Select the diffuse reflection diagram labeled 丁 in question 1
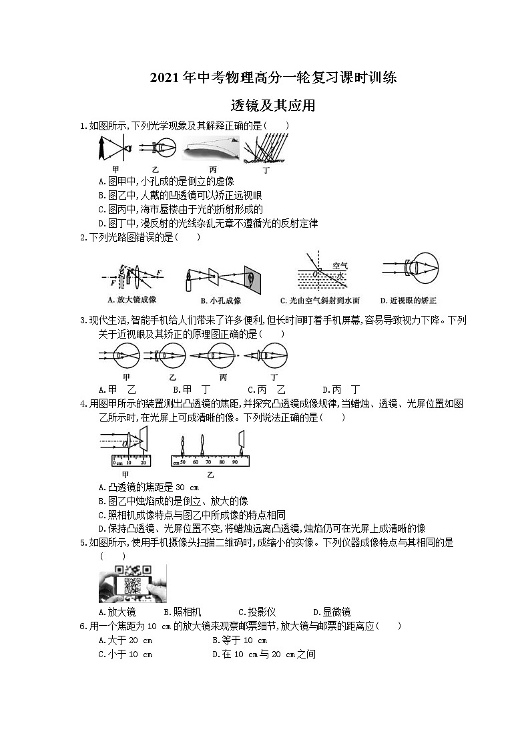pyautogui.click(x=266, y=149)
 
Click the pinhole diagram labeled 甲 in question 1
pyautogui.click(x=115, y=148)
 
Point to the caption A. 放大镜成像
pyautogui.click(x=131, y=300)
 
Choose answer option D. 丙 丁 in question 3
pyautogui.click(x=341, y=389)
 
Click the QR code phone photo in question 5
pyautogui.click(x=133, y=583)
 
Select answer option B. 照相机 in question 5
pyautogui.click(x=182, y=612)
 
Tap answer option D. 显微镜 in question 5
pyautogui.click(x=332, y=612)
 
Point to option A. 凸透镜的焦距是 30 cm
pyautogui.click(x=144, y=488)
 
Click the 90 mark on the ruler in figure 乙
pyautogui.click(x=234, y=461)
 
